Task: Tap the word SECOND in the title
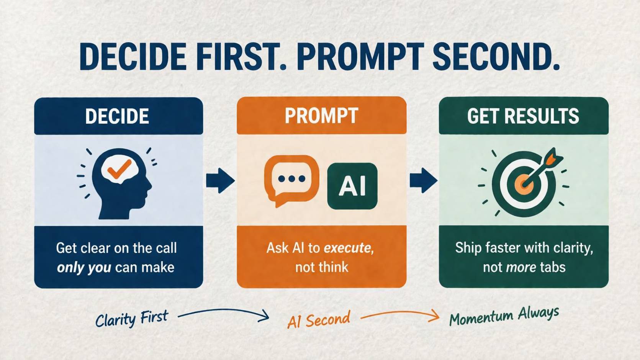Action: point(496,57)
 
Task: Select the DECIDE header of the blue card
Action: point(117,116)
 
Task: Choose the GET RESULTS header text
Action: point(523,116)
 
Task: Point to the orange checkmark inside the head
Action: point(119,169)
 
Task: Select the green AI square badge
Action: point(352,186)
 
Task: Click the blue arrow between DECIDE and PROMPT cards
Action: point(220,180)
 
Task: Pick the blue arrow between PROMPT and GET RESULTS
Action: point(423,180)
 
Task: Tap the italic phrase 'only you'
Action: point(84,267)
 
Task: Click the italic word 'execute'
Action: point(347,248)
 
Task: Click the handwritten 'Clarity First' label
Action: point(131,319)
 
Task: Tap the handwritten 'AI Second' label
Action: point(319,320)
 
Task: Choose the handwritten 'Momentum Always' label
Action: point(504,316)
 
